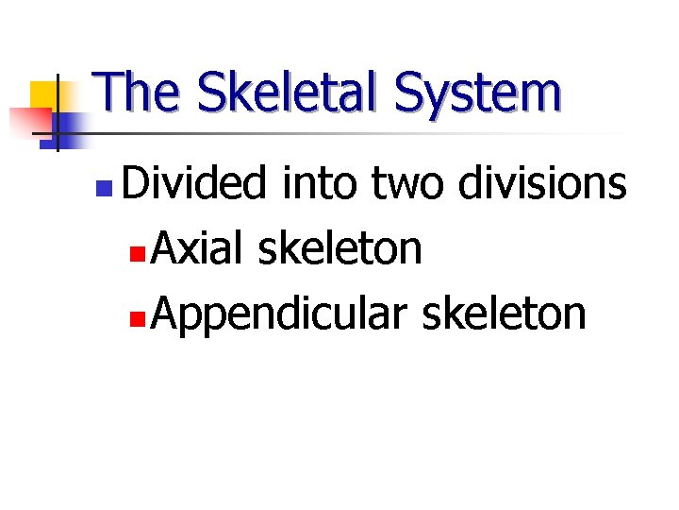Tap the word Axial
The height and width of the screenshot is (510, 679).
point(195,247)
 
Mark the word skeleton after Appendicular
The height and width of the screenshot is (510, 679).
point(504,314)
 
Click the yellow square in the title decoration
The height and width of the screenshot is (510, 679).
point(43,95)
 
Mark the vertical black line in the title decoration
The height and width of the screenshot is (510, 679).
point(57,113)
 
